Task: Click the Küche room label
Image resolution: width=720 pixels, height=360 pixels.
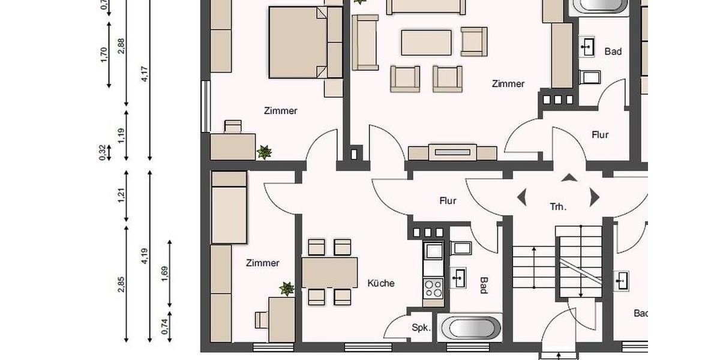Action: coord(381,283)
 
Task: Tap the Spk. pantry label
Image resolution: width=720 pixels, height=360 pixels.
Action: coord(421,328)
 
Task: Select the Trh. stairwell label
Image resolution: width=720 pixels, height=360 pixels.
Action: coord(557,207)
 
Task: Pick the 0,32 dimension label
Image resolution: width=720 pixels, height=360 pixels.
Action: coord(103,153)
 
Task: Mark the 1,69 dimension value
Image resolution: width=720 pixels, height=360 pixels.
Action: coord(165,273)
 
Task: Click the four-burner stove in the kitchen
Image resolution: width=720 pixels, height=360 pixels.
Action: coord(433,289)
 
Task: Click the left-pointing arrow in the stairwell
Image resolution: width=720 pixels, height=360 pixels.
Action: coord(521,197)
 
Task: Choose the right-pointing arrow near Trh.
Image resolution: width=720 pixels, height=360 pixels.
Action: coord(594,197)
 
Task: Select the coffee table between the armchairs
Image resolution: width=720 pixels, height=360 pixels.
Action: coord(426,43)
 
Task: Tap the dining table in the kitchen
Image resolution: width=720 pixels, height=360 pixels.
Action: coord(329,272)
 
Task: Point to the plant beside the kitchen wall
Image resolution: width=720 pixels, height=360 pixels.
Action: coord(287,289)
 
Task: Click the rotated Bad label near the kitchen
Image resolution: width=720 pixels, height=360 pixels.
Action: coord(484,285)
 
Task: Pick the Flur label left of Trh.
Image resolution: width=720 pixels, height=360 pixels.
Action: coord(448,201)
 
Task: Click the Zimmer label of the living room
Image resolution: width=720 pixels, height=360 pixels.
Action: coord(508,84)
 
